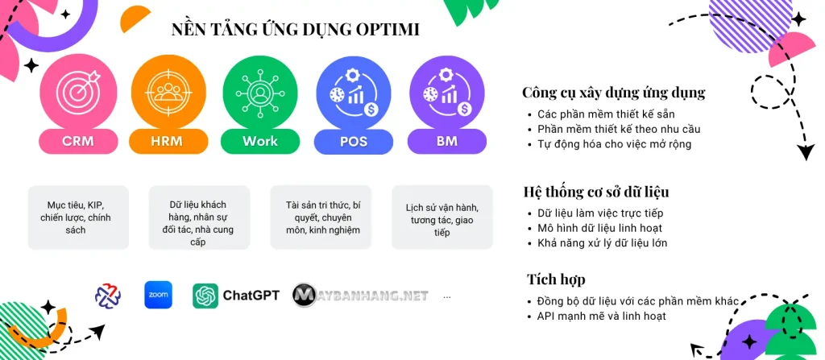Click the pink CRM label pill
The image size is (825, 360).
click(78, 141)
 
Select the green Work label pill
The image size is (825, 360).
click(260, 141)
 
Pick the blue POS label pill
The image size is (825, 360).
click(354, 141)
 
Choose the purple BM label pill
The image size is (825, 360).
click(446, 141)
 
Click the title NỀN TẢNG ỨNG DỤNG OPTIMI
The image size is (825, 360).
click(295, 30)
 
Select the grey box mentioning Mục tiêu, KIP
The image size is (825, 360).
click(78, 217)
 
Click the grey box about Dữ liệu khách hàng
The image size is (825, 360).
click(200, 217)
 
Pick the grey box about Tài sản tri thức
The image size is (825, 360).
click(321, 217)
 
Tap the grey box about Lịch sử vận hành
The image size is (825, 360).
click(442, 217)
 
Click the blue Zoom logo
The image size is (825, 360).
click(159, 296)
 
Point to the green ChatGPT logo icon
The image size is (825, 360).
click(205, 296)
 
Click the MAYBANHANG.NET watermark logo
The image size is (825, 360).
click(360, 296)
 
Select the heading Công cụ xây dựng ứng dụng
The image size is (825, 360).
click(613, 93)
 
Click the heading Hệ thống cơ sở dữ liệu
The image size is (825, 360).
click(597, 192)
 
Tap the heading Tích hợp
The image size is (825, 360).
click(556, 279)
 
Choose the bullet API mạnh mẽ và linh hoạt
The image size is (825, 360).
click(601, 316)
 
